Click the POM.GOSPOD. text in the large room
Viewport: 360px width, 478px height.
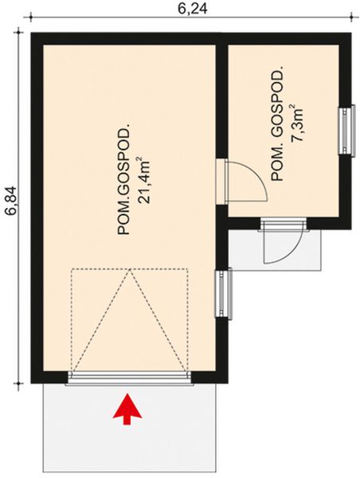[123, 180]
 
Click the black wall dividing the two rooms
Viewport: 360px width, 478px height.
[222, 104]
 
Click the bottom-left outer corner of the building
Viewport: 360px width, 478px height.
[32, 383]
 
